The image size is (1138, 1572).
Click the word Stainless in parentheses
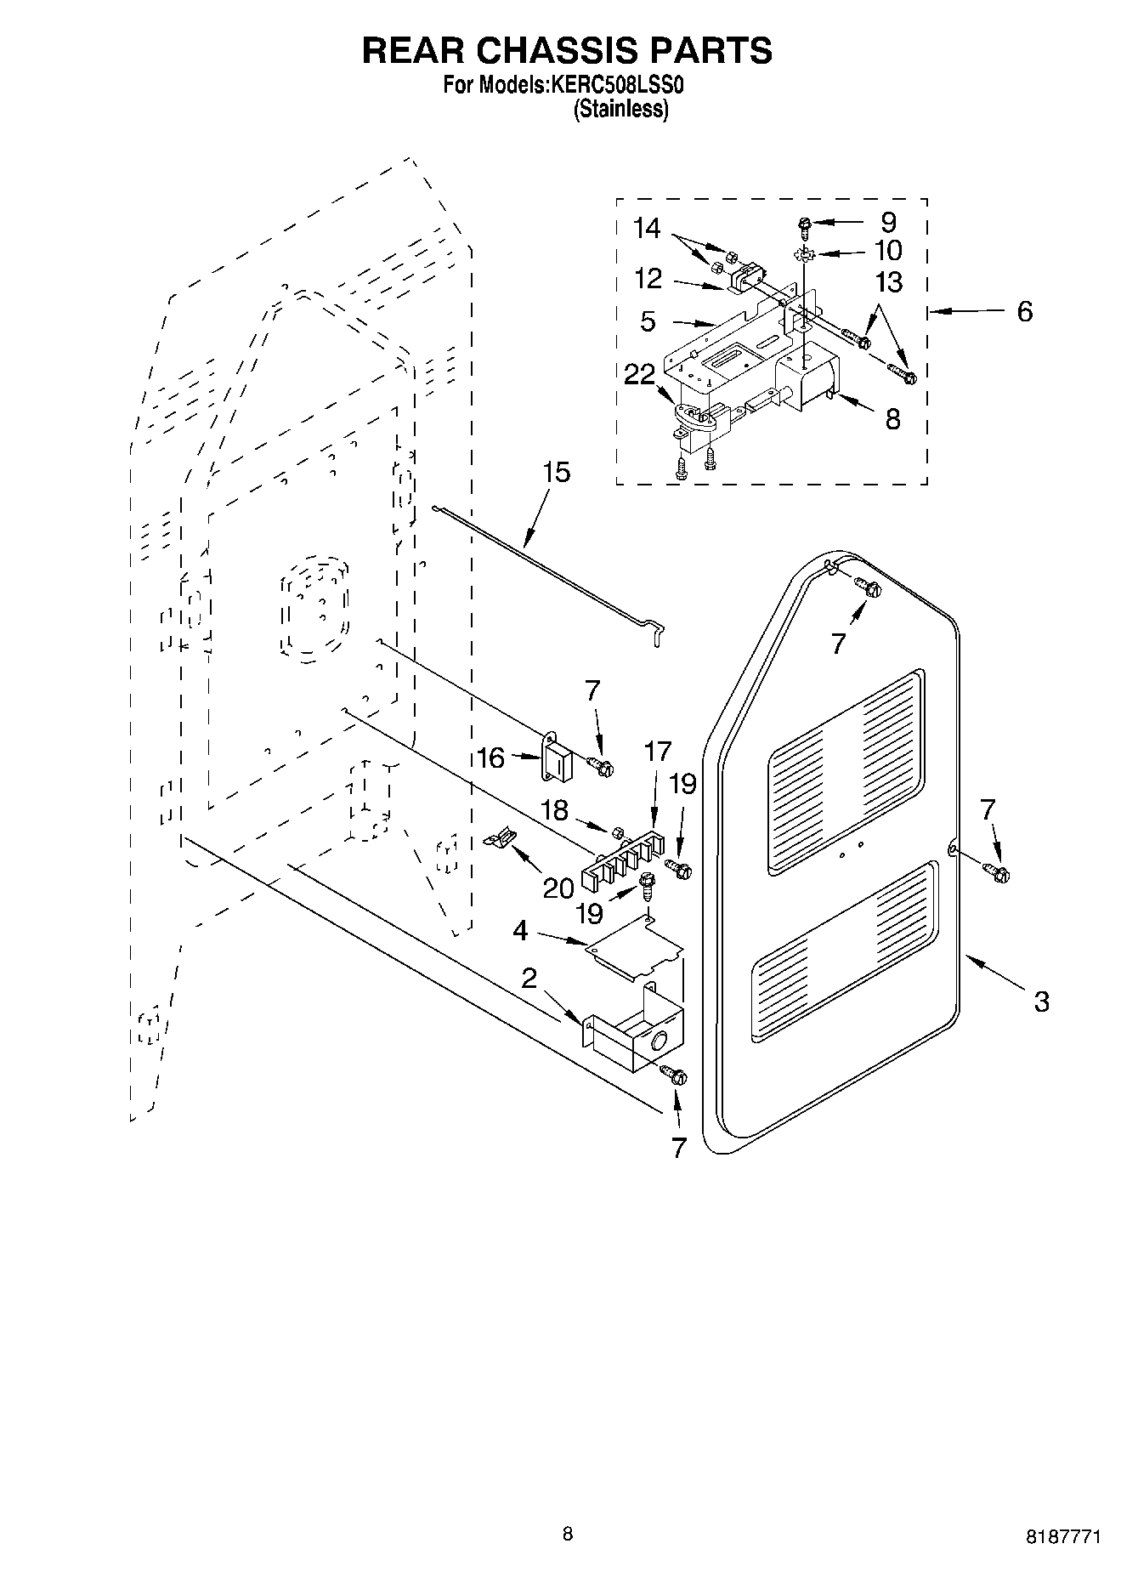(621, 109)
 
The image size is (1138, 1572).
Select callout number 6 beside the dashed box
(1025, 311)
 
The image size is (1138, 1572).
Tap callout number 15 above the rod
(557, 473)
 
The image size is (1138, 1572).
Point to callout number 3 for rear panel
(1041, 1001)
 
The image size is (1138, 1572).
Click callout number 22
(639, 374)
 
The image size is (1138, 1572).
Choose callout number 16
(490, 758)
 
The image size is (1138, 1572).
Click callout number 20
(558, 888)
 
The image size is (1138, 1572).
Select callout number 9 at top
(888, 223)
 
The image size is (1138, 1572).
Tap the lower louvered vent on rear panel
(844, 952)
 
